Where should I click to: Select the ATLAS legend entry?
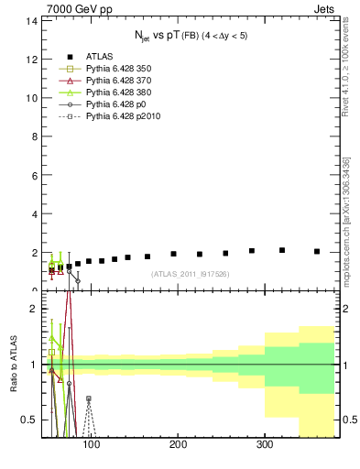point(84,54)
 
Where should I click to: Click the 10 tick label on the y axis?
point(31,97)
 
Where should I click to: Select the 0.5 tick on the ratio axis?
point(29,420)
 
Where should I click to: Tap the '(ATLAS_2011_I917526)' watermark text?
point(190,274)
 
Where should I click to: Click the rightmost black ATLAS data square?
point(317,251)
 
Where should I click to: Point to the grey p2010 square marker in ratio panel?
point(89,398)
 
